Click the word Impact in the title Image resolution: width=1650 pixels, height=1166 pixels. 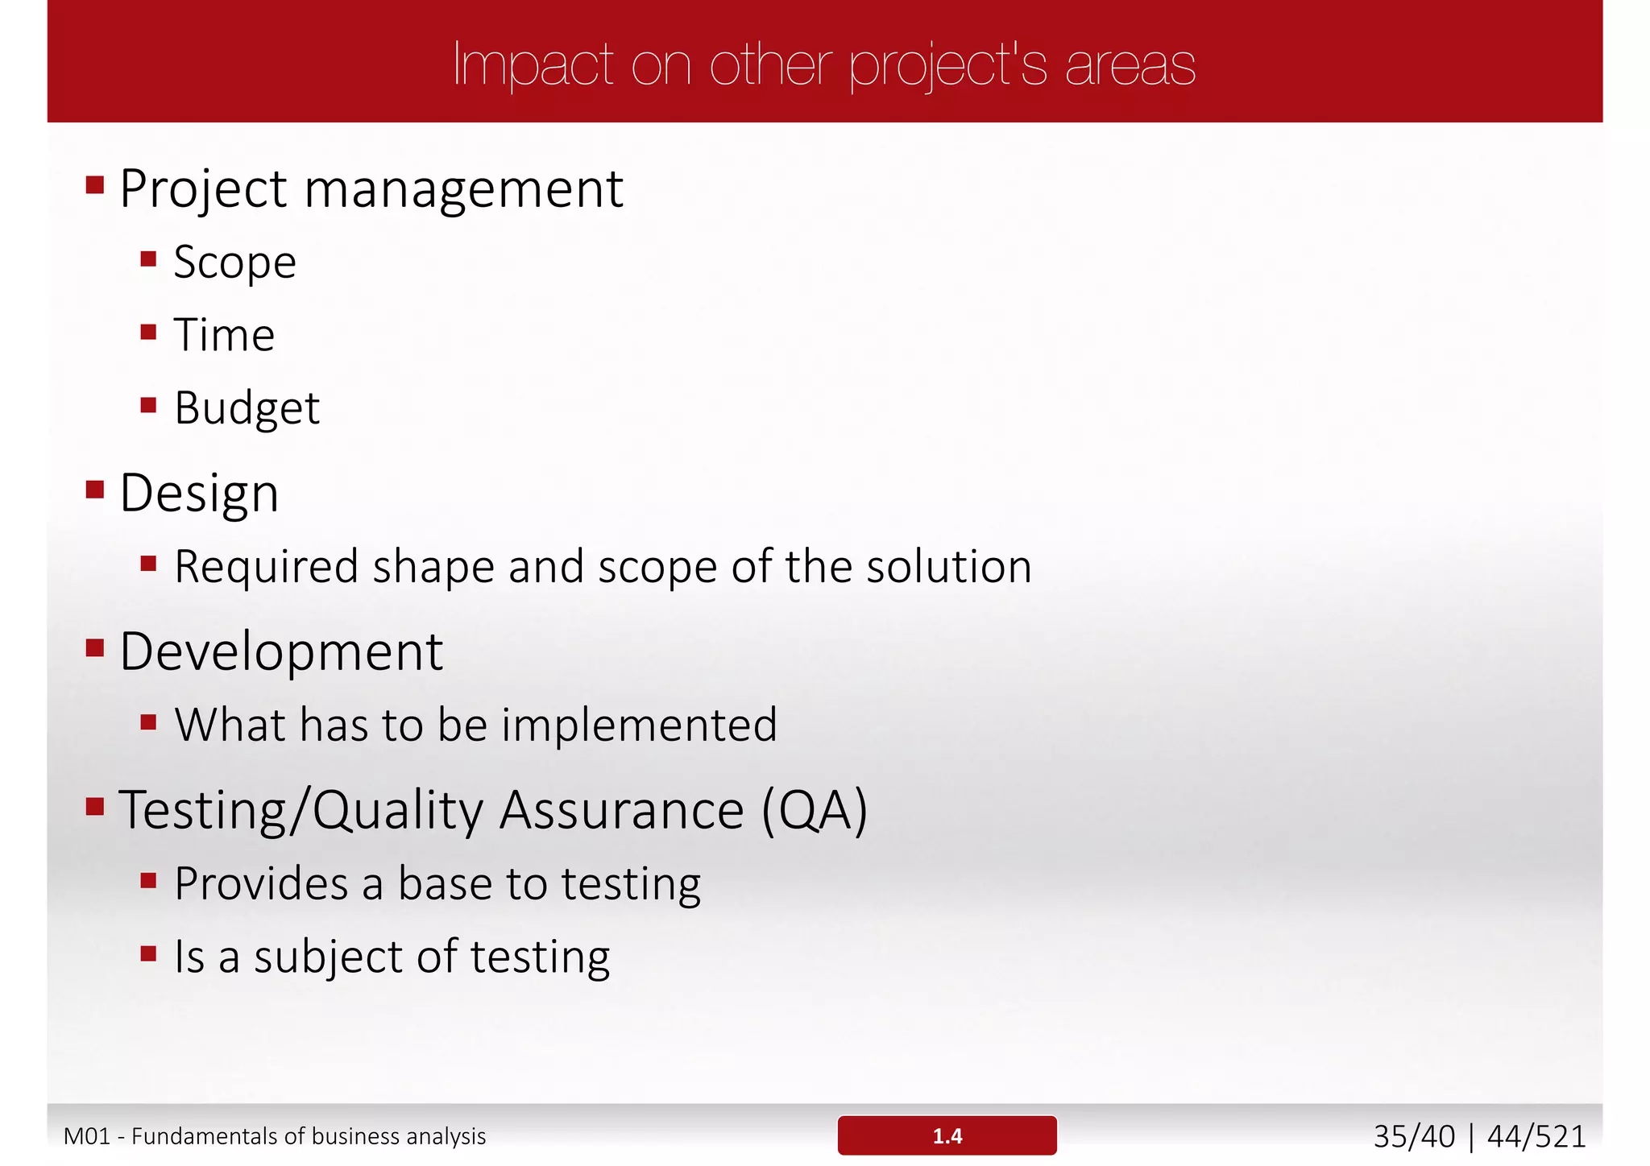point(533,64)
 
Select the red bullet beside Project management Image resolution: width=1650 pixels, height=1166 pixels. point(95,186)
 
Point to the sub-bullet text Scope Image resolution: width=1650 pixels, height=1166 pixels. point(234,263)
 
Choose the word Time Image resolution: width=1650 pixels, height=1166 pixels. point(224,335)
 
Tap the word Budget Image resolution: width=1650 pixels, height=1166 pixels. point(247,408)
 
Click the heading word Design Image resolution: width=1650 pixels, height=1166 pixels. point(199,493)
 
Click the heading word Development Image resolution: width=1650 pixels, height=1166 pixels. point(281,651)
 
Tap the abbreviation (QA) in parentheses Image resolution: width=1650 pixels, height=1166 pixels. point(815,810)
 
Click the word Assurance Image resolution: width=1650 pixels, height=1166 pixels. point(621,810)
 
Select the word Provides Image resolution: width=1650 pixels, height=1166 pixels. point(261,883)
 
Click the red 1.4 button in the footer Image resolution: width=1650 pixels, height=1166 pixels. point(947,1135)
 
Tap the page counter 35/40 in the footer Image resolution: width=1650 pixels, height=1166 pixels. point(1414,1136)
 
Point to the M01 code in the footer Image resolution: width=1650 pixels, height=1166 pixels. point(86,1136)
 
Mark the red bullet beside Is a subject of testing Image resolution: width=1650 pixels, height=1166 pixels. point(148,954)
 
